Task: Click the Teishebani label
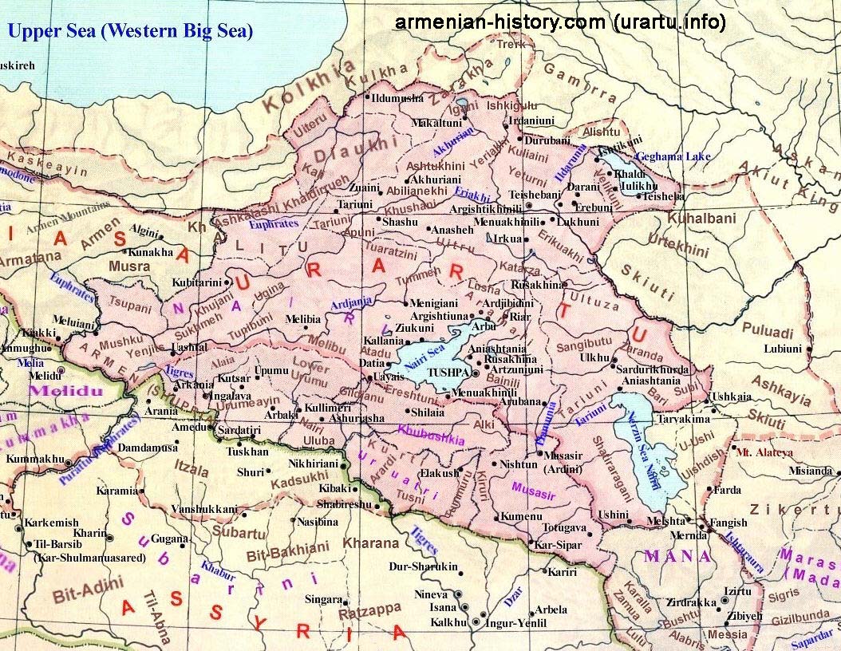(534, 195)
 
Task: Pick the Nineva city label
(432, 594)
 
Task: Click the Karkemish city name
(52, 523)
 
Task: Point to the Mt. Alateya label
(764, 452)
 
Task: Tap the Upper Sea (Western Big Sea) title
(130, 32)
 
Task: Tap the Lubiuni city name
(782, 349)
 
